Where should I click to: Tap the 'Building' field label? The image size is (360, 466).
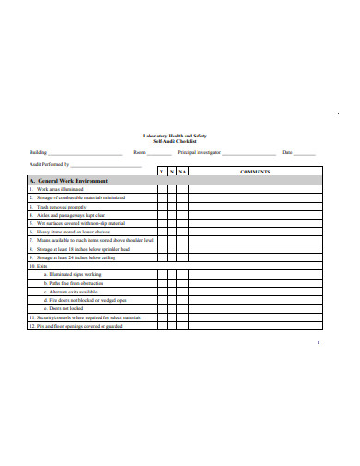pos(38,152)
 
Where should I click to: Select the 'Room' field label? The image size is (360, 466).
pos(139,152)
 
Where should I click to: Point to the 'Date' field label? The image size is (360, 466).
pos(287,152)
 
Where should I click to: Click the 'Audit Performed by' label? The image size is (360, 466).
pos(50,163)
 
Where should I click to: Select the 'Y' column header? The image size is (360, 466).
pos(161,172)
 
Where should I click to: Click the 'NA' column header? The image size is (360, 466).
pos(183,172)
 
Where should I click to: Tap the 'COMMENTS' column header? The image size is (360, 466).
pos(254,172)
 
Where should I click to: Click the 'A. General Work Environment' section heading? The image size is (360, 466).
pos(69,181)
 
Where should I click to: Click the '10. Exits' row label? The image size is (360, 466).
pos(39,266)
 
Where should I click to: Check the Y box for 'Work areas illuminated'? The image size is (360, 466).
pos(161,189)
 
